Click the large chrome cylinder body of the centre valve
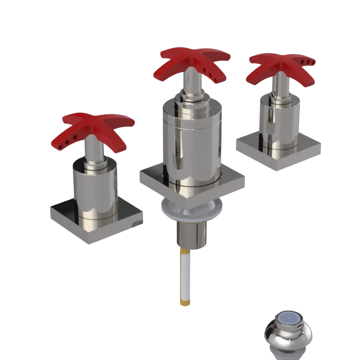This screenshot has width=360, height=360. pyautogui.click(x=191, y=144)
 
